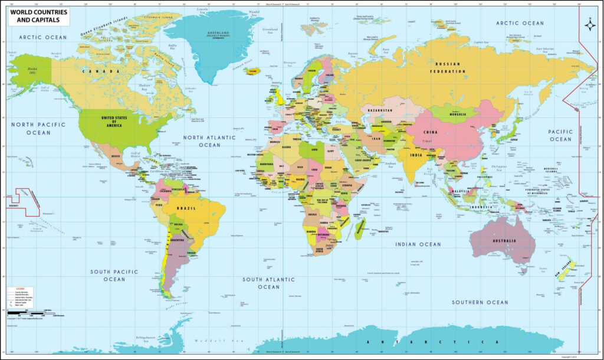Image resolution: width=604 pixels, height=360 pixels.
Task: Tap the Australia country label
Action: [x=505, y=241]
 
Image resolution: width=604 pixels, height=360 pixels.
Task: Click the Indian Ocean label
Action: [x=418, y=244]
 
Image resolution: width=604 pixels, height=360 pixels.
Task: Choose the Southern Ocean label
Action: [x=480, y=302]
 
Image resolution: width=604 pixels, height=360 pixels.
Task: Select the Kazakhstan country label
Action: [x=380, y=110]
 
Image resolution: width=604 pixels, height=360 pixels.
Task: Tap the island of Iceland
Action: [x=252, y=71]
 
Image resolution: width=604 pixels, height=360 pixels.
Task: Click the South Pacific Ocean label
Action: [x=114, y=275]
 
